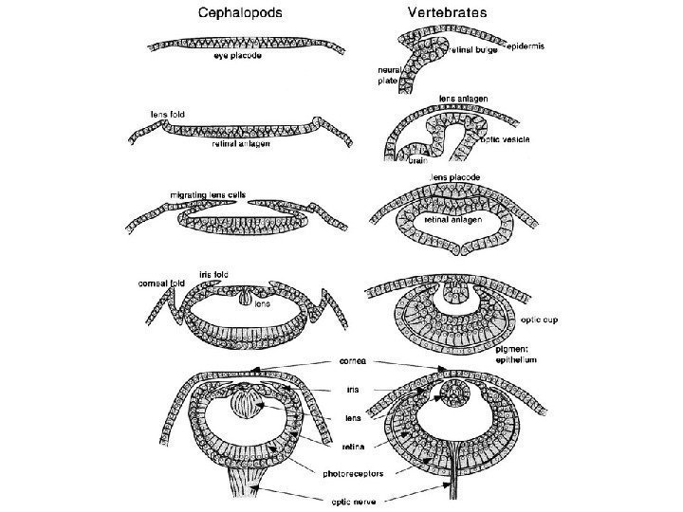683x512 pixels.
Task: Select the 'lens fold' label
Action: pyautogui.click(x=169, y=114)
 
